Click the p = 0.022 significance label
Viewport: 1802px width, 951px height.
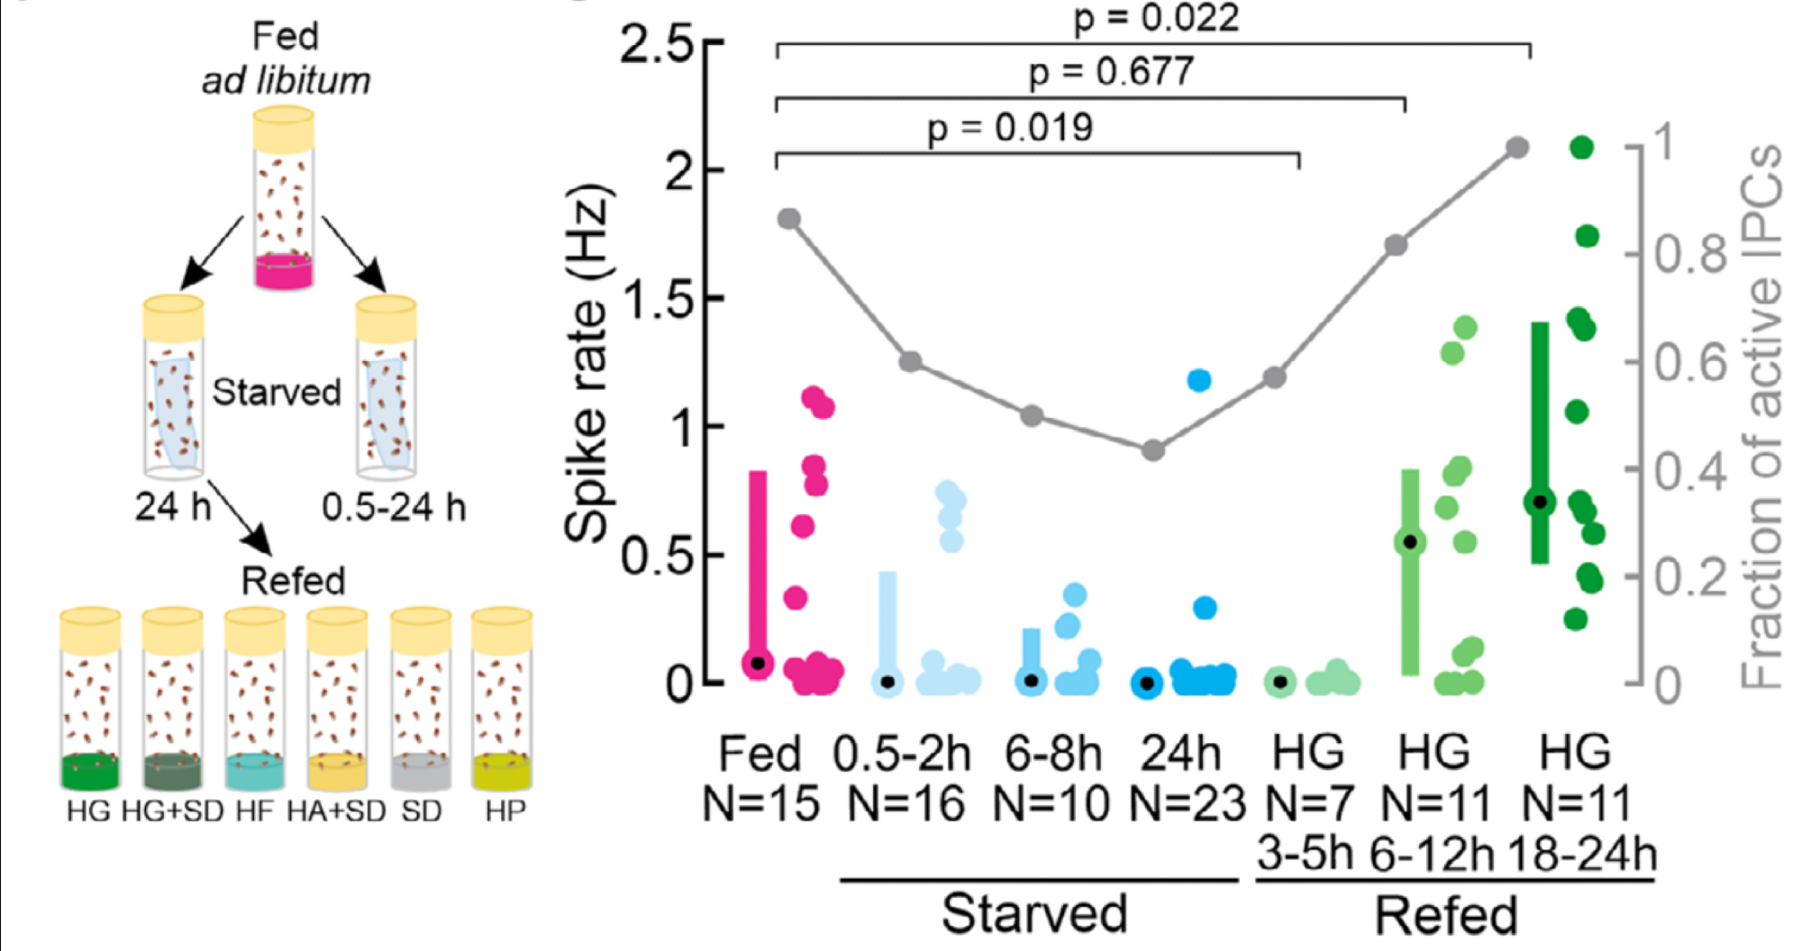pos(1156,18)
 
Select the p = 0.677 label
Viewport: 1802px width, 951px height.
pos(1111,72)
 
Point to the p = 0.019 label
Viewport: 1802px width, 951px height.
pos(1010,128)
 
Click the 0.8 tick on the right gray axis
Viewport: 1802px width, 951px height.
pos(1690,255)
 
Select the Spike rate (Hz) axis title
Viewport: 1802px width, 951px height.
pos(589,365)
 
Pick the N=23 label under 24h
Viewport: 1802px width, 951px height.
pos(1187,803)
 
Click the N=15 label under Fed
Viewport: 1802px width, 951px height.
pos(760,803)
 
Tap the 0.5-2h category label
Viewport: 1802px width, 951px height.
pos(902,755)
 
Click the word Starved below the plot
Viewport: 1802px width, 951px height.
pos(1033,914)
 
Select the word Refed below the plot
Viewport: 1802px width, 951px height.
pos(1446,916)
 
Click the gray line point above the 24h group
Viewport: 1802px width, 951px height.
pos(1153,450)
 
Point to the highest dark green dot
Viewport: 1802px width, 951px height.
pos(1581,148)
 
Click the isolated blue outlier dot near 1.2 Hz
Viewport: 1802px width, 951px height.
pos(1199,380)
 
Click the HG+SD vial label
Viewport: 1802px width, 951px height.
pos(172,811)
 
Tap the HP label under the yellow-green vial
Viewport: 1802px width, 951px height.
pos(505,811)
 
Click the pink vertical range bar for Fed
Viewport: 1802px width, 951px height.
pos(759,567)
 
